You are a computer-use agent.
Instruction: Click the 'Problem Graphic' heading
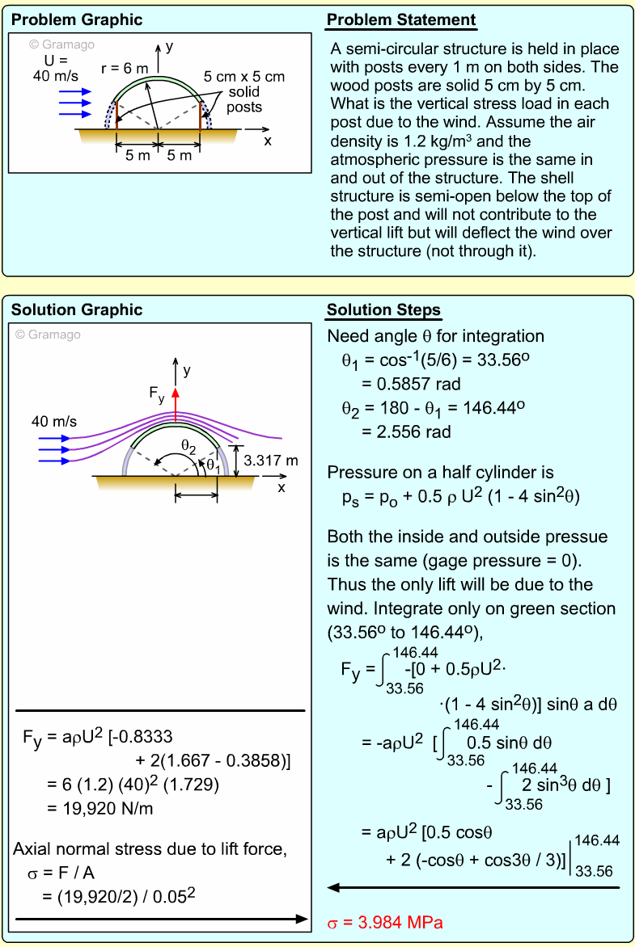pos(77,20)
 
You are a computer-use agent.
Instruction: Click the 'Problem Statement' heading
pos(401,20)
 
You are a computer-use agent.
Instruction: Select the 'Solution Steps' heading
pos(383,310)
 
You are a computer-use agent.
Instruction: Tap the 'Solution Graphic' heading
pos(77,310)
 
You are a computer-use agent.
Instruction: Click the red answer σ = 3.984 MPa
pos(385,922)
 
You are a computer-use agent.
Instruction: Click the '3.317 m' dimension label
pos(271,461)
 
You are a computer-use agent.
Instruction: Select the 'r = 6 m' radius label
pos(125,69)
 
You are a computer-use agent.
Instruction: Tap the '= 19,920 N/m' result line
pos(100,807)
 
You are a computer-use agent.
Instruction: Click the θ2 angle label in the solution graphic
pos(188,445)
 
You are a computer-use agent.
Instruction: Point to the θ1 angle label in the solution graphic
pos(212,465)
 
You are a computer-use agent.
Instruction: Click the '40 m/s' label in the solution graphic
pos(54,421)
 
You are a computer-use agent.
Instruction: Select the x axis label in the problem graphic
pos(268,140)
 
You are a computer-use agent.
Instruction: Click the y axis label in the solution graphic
pos(187,370)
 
